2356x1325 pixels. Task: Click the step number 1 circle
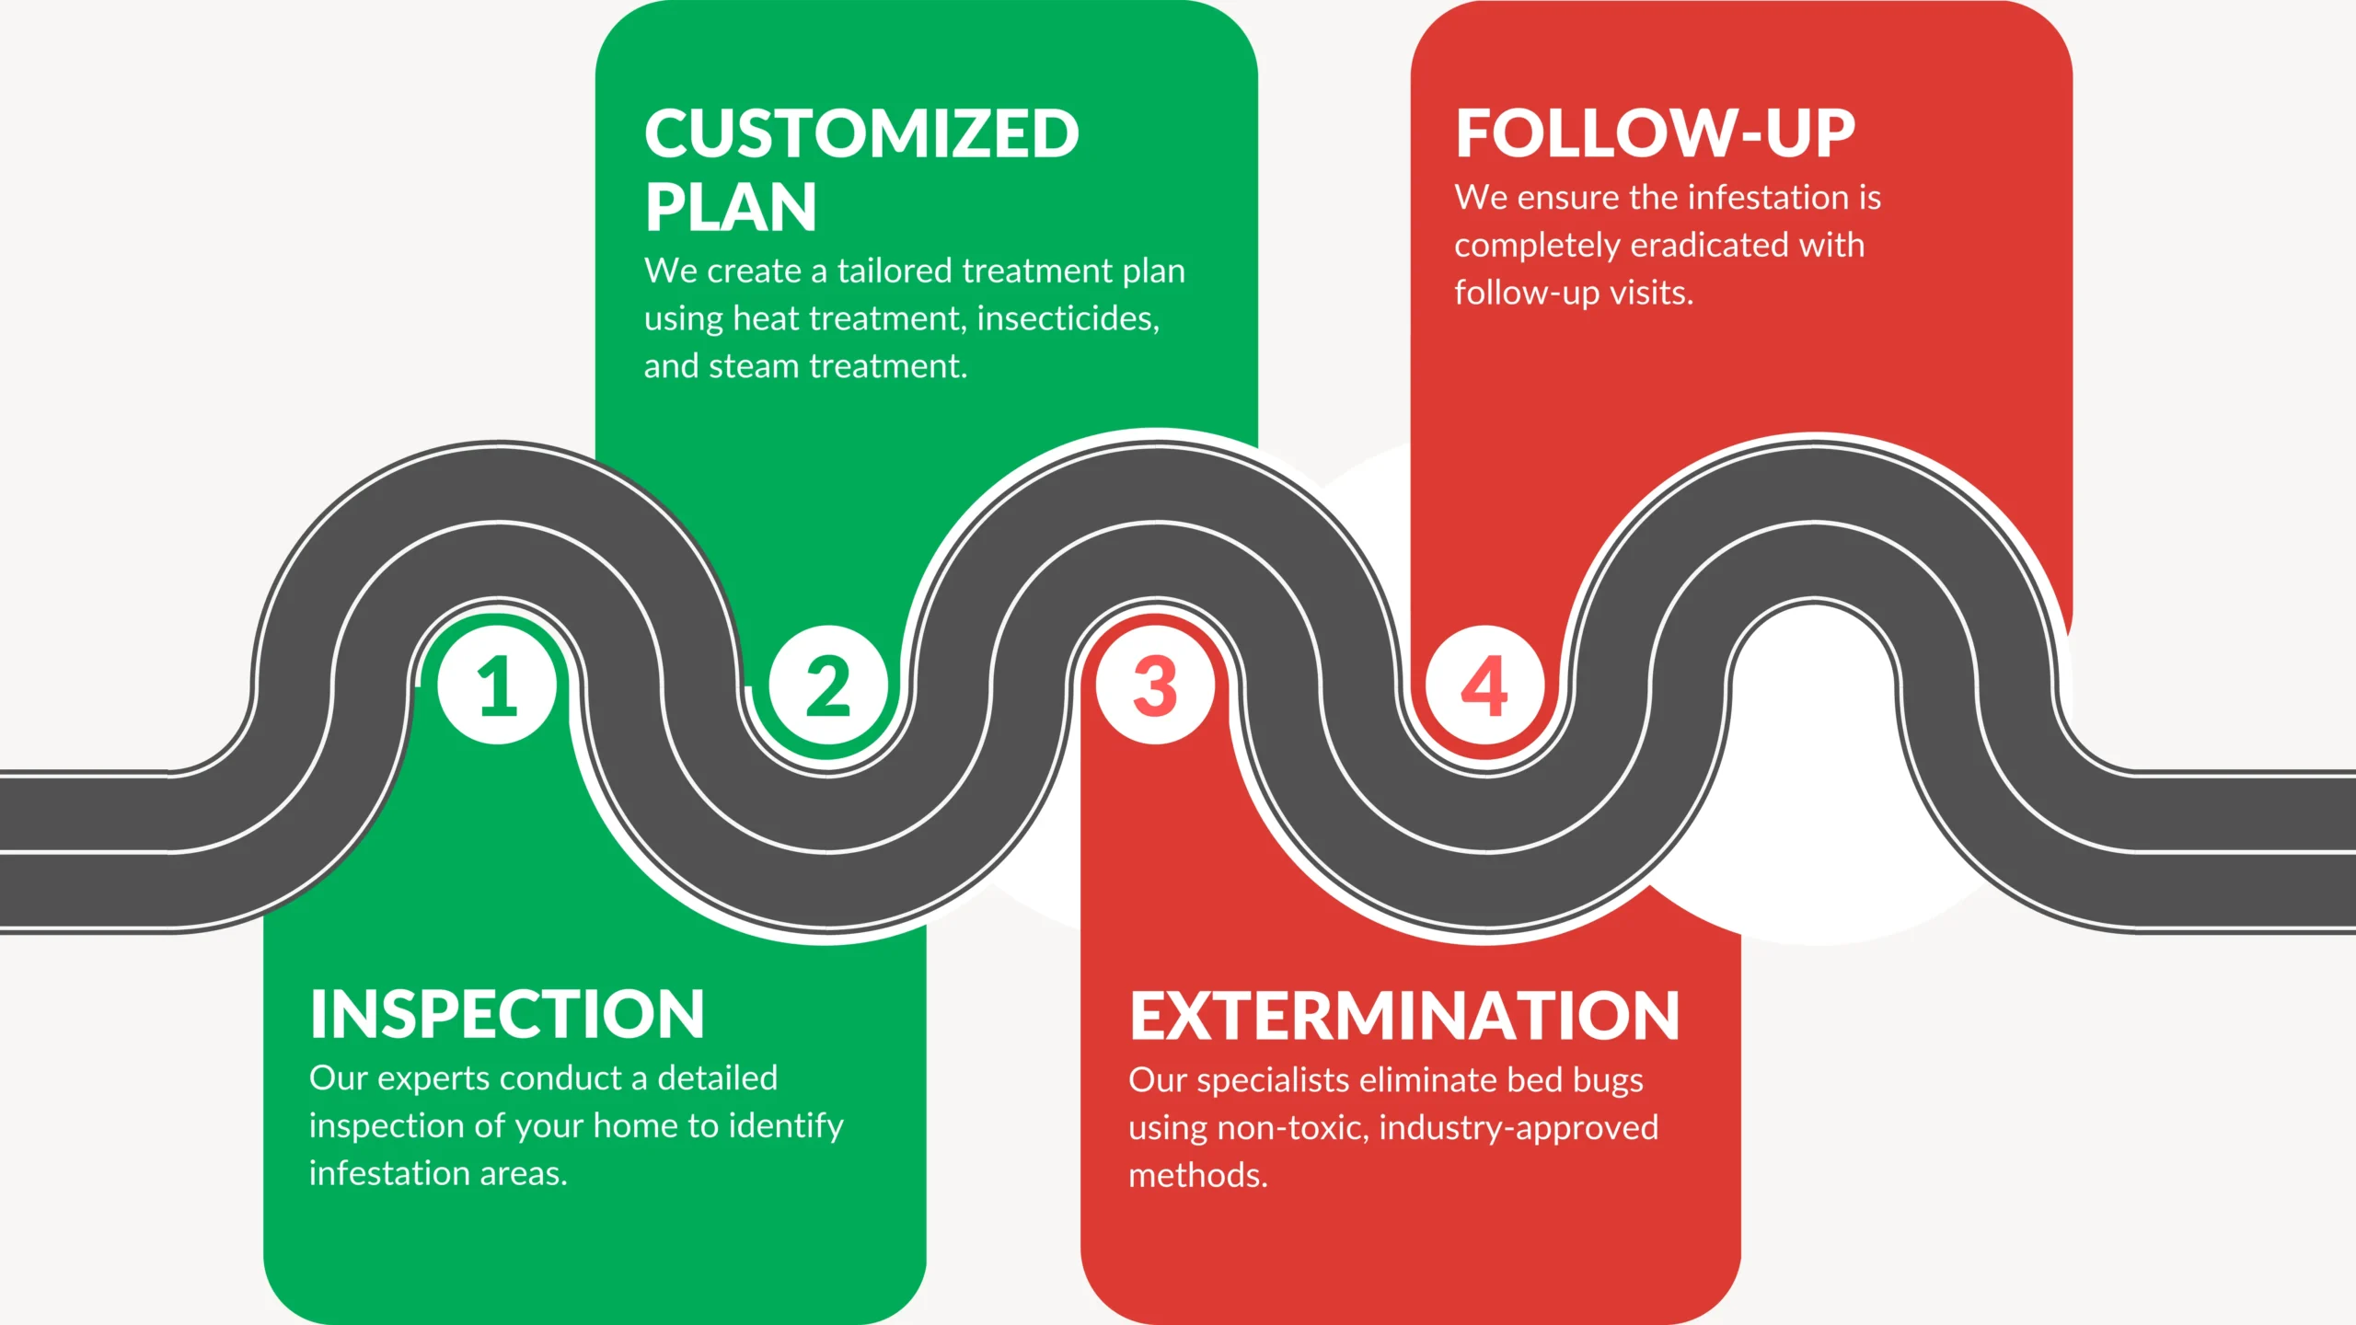coord(497,686)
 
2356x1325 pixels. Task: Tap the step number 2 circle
coord(827,686)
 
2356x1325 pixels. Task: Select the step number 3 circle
coord(1155,686)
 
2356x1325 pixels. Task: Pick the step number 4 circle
coord(1484,686)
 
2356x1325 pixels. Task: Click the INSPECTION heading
coord(507,1014)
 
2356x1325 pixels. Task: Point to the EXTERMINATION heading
coord(1404,1017)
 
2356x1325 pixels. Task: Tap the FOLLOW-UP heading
coord(1655,133)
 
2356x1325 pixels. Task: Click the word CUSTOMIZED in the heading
coord(861,134)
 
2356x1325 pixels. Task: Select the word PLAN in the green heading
coord(731,208)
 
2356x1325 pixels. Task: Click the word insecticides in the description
coord(1068,318)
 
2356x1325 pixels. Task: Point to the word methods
coord(1198,1176)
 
